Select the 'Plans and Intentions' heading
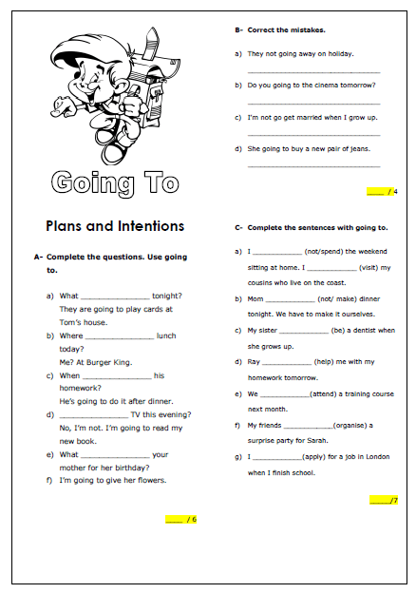click(115, 226)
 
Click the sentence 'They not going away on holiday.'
click(300, 54)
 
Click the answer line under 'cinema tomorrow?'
click(313, 103)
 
